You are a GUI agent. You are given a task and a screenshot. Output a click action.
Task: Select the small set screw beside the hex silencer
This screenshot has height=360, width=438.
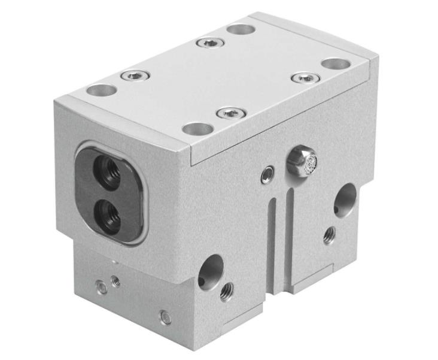268,174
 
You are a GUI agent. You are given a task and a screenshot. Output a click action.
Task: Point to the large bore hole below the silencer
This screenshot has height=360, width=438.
345,199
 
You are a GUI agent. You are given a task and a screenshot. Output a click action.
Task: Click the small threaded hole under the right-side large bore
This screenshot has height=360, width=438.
329,235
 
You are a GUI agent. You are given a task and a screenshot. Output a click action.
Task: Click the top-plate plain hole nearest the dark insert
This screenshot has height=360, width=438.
102,91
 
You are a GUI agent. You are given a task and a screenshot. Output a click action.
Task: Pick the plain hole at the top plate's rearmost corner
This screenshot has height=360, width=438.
241,29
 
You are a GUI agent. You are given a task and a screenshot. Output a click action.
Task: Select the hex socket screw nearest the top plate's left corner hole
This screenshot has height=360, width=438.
135,75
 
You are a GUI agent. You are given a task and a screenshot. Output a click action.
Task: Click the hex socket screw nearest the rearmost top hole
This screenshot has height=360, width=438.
211,43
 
